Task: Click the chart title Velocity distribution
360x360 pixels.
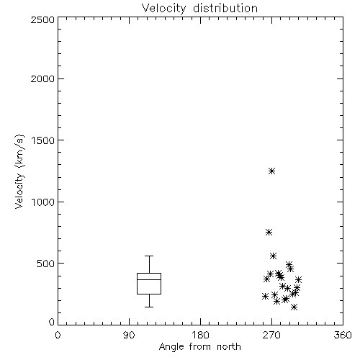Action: (199, 8)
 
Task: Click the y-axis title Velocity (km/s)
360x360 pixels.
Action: (19, 171)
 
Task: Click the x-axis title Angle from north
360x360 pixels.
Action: (199, 347)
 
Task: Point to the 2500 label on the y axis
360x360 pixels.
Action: (42, 19)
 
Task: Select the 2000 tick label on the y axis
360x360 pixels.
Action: (42, 78)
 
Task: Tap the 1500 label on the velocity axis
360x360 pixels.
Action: (43, 140)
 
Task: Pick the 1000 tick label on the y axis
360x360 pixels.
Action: (43, 202)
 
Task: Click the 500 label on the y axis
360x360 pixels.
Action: (46, 264)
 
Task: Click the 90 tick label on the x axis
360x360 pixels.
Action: (129, 335)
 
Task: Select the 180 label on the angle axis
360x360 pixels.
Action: (200, 335)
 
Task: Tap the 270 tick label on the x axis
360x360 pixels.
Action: (271, 335)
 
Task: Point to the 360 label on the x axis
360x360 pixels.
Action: (343, 335)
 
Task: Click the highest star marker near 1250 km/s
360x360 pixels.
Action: (271, 171)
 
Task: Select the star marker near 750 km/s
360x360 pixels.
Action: (269, 232)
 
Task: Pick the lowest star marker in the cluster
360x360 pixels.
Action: (294, 307)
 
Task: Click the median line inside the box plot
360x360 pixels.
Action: (149, 279)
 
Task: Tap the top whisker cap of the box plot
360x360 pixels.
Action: (149, 256)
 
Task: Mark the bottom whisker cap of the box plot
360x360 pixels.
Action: (149, 307)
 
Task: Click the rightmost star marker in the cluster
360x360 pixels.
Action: (298, 279)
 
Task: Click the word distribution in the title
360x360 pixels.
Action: (225, 8)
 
